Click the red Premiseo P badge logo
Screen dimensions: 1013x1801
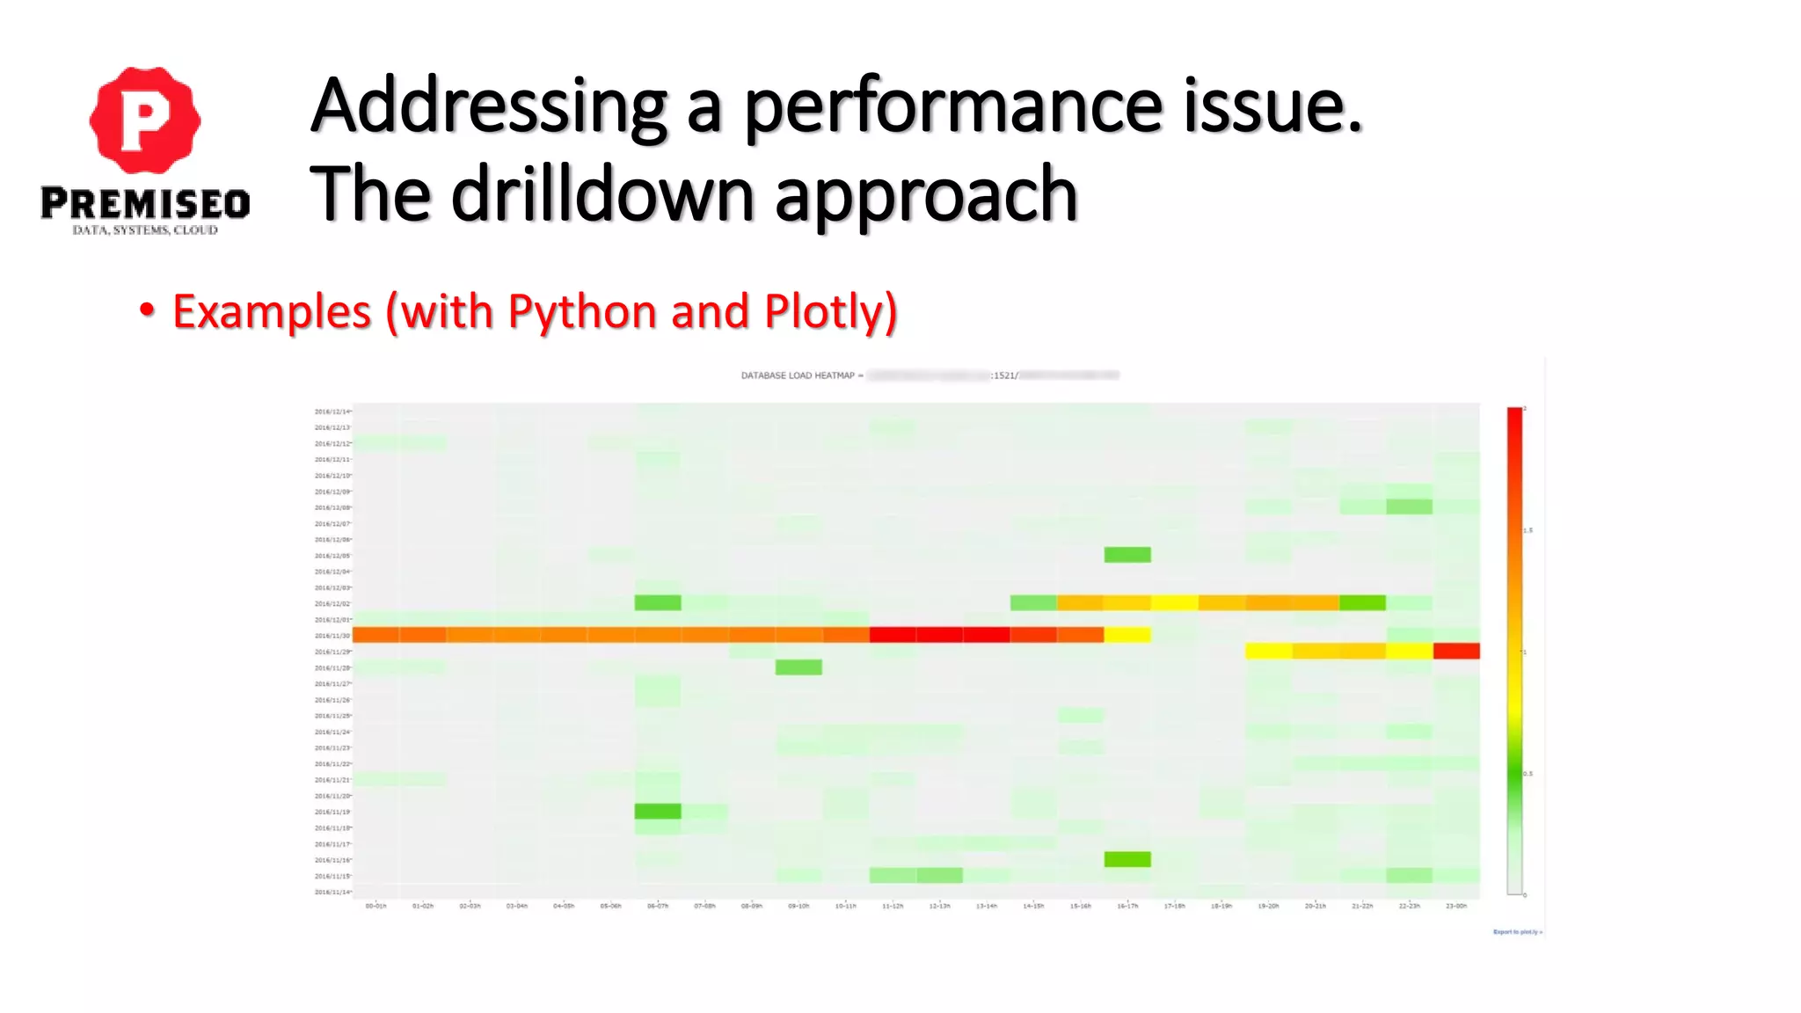click(145, 120)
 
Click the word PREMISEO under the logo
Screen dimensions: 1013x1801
click(145, 203)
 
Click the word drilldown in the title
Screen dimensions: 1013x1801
click(602, 194)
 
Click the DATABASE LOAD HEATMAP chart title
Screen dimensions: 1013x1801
click(798, 375)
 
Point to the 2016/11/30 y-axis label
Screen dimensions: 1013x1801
click(332, 636)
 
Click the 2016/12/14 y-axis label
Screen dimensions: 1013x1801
click(332, 412)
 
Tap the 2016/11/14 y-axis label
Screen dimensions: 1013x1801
click(332, 892)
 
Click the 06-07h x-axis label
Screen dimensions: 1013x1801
click(658, 906)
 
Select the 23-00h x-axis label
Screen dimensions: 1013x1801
click(1456, 906)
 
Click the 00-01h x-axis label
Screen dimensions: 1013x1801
click(376, 906)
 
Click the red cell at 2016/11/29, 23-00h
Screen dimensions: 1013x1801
click(1456, 651)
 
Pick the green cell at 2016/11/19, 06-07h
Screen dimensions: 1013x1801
click(658, 811)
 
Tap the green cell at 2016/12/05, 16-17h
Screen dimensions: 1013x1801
click(1127, 555)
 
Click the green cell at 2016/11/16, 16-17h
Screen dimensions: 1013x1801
click(1127, 859)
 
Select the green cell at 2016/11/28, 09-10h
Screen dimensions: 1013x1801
click(798, 667)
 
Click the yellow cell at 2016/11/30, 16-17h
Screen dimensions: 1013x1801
click(1127, 635)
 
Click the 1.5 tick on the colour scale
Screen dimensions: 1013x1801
click(1528, 530)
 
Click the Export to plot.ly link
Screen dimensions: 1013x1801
click(1517, 932)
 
